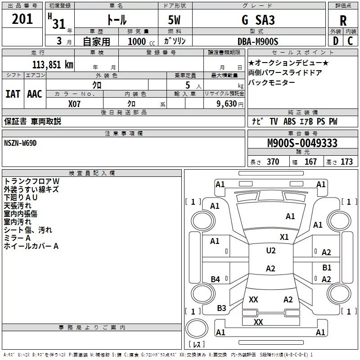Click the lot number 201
[x=22, y=19]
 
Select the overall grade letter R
[x=343, y=21]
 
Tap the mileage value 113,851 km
[x=53, y=65]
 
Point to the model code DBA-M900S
[x=258, y=41]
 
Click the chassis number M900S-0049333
[x=302, y=143]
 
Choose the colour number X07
[x=74, y=104]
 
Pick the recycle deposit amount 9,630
[x=227, y=104]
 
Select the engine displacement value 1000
[x=137, y=41]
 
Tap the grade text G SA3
[x=258, y=20]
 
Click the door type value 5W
[x=174, y=20]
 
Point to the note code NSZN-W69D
[x=20, y=143]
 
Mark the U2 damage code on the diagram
[x=271, y=251]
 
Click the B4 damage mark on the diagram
[x=215, y=279]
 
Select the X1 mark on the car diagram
[x=284, y=237]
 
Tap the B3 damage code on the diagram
[x=221, y=308]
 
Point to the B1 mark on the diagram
[x=327, y=268]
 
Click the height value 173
[x=346, y=162]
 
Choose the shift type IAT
[x=13, y=94]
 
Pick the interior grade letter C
[x=350, y=41]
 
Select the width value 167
[x=310, y=162]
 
